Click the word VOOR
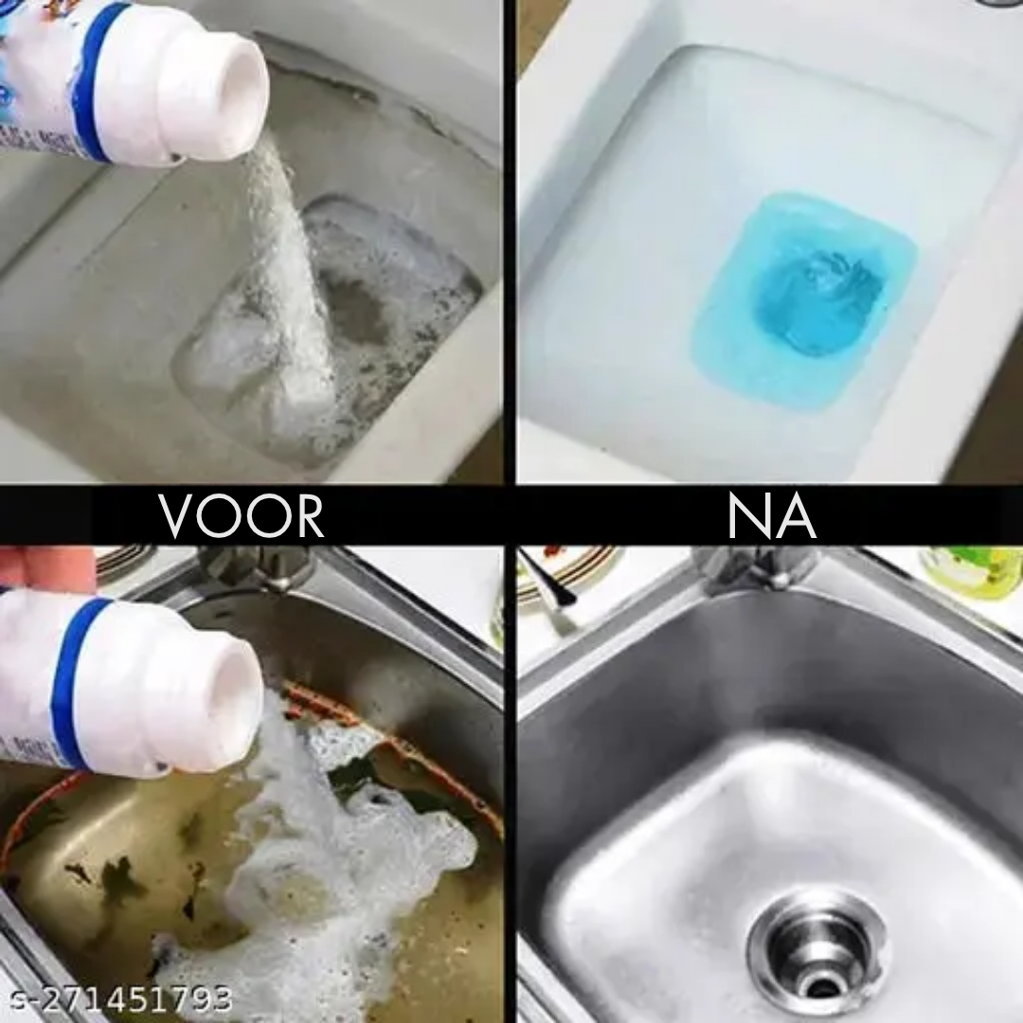242,516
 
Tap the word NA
771,516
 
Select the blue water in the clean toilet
805,294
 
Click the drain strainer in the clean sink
817,947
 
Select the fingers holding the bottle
47,568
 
